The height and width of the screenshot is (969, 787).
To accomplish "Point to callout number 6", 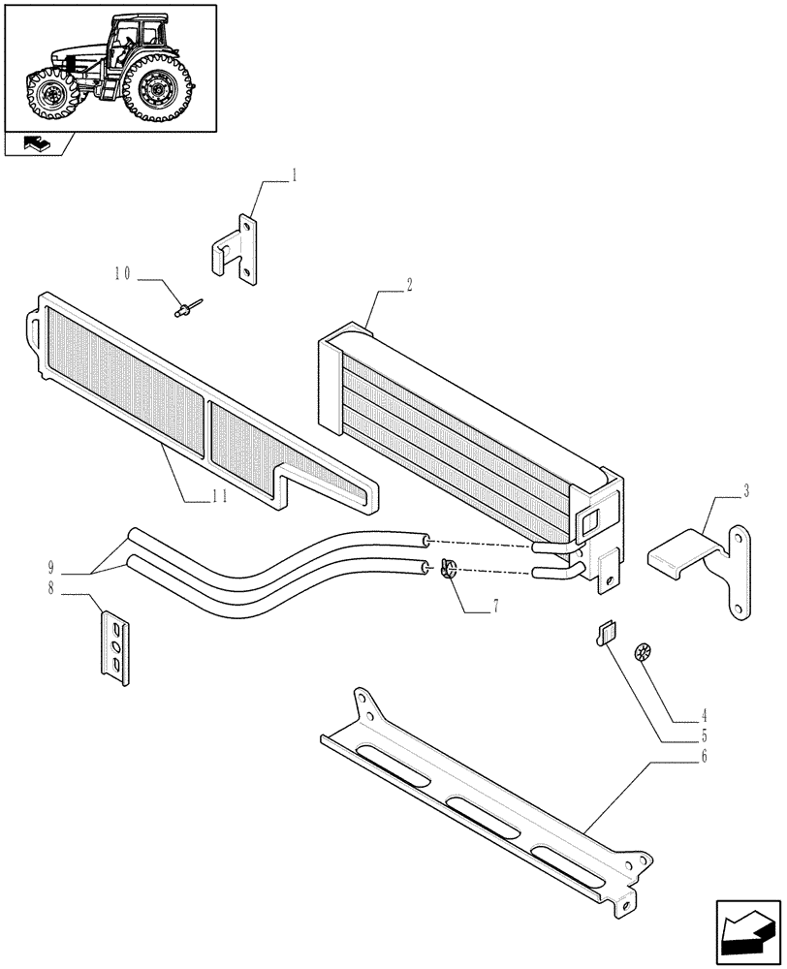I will (x=704, y=754).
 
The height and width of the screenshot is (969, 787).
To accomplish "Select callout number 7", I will (x=495, y=607).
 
